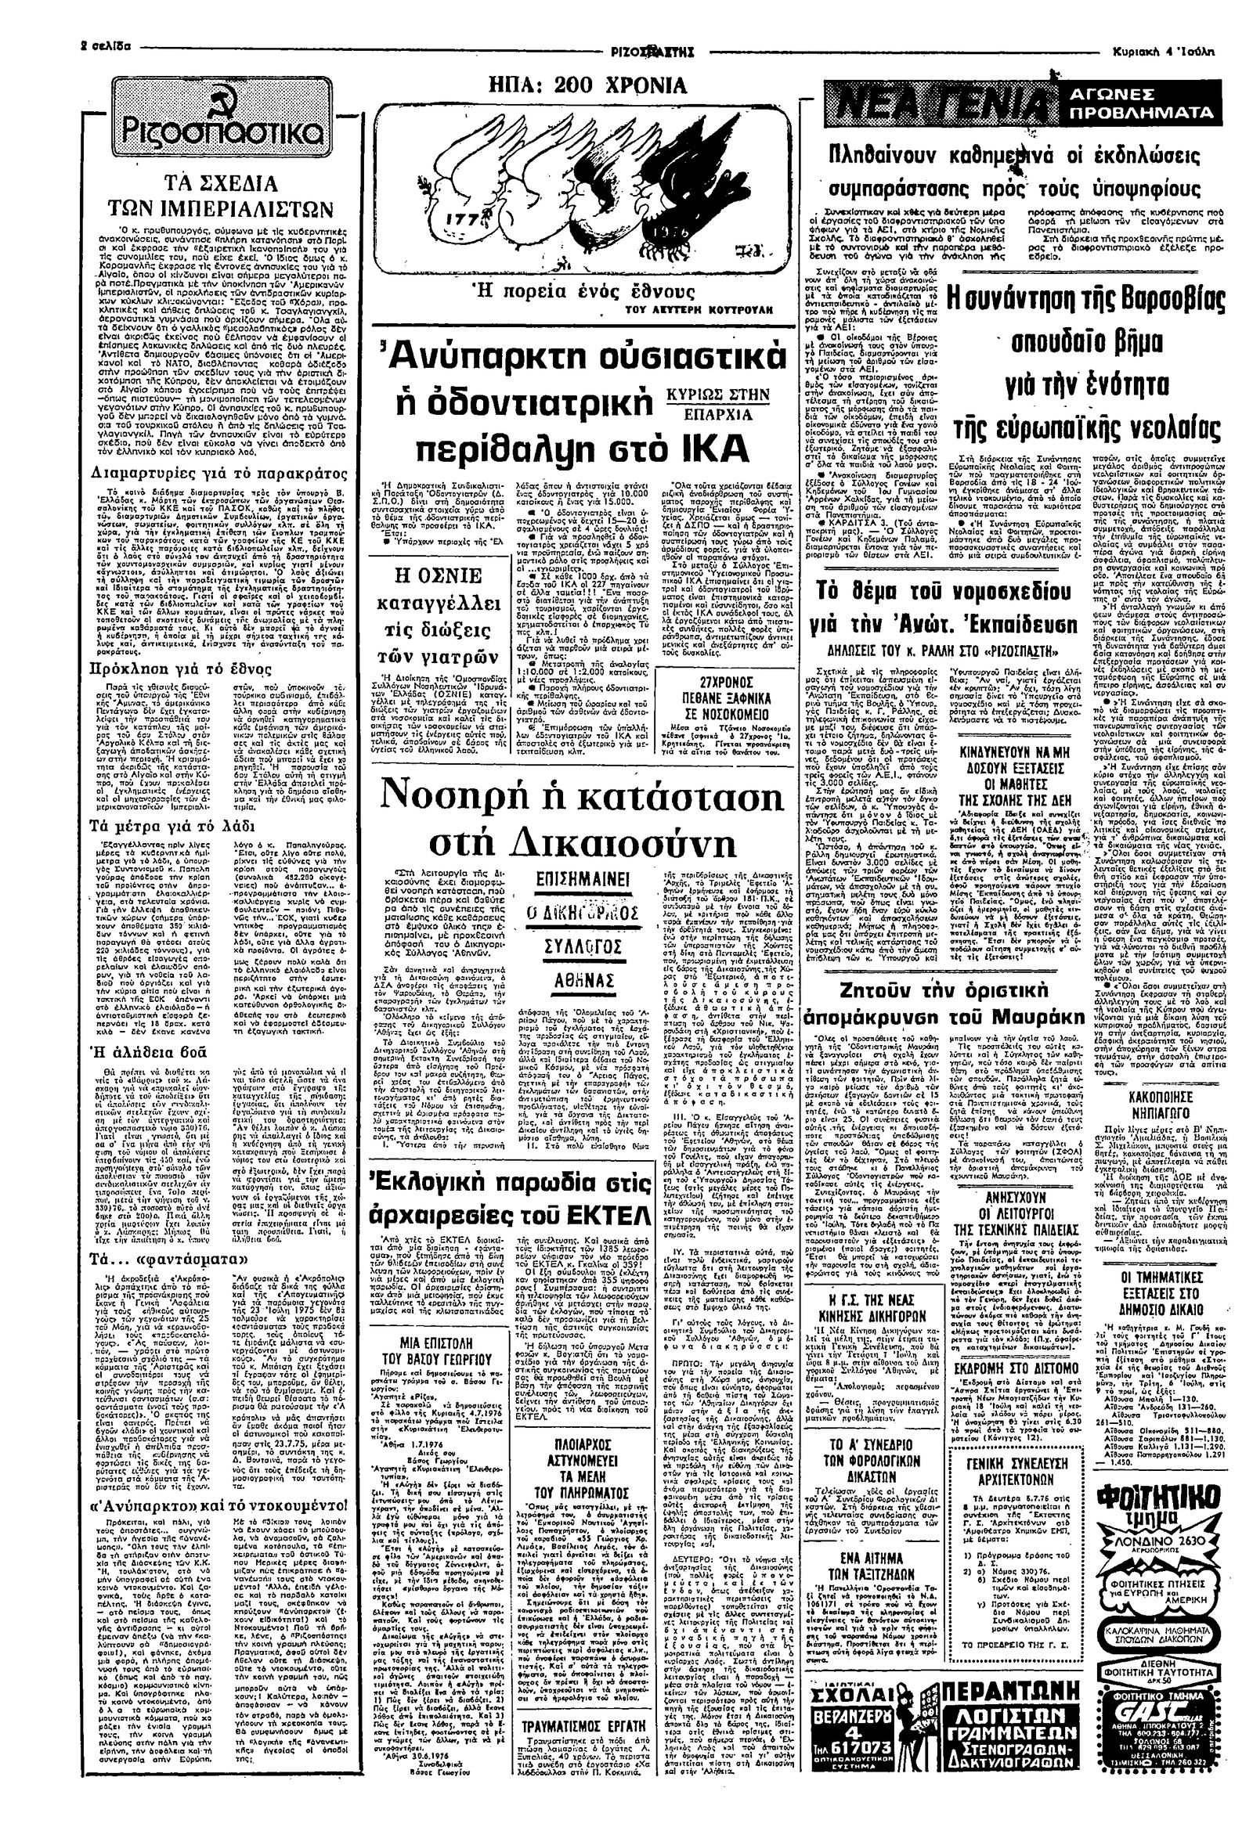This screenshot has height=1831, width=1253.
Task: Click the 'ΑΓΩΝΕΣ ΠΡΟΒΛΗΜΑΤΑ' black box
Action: [1139, 104]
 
